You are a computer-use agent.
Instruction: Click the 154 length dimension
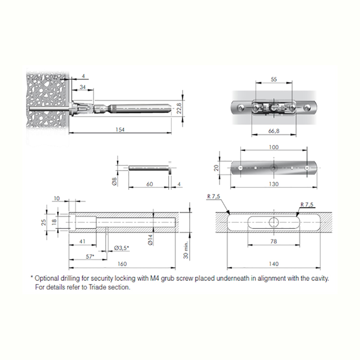[x=120, y=130]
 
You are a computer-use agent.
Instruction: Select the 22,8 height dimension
[x=179, y=108]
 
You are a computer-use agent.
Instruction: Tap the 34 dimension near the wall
[x=83, y=87]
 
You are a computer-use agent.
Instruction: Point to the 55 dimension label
[x=274, y=79]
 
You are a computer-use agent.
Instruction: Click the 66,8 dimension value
[x=274, y=131]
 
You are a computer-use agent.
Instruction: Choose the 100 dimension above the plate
[x=274, y=147]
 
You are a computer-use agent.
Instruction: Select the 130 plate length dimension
[x=274, y=184]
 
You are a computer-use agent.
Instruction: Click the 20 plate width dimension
[x=216, y=168]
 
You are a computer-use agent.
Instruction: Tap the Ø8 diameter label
[x=115, y=181]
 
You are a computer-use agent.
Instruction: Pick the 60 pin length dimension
[x=149, y=184]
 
